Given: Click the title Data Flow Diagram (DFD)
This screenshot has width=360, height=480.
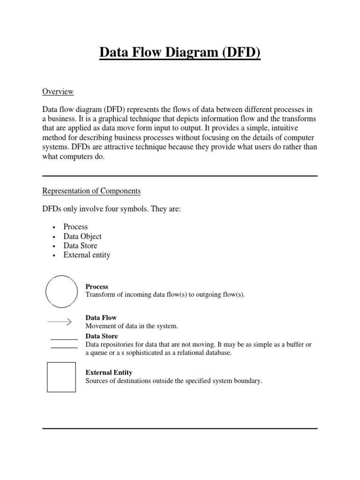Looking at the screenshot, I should [180, 52].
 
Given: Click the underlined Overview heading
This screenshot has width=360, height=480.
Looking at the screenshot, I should [58, 91].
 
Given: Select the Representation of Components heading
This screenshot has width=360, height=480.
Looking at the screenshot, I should [91, 191].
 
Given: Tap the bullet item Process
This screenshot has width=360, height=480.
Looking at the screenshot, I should [75, 227].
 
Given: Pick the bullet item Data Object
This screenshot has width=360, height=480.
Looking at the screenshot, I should [82, 236].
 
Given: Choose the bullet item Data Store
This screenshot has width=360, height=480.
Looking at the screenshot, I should [80, 246].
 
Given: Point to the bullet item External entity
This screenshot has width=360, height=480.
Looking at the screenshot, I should [87, 255].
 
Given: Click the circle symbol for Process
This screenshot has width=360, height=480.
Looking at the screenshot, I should [61, 291].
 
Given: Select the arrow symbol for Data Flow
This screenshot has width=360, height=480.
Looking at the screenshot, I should [59, 322].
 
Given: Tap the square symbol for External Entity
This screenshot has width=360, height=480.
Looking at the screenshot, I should [61, 377].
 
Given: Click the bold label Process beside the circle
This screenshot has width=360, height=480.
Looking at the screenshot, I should [97, 286].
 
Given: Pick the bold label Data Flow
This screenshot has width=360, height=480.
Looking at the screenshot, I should [101, 318].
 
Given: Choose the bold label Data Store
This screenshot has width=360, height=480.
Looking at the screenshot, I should [101, 337].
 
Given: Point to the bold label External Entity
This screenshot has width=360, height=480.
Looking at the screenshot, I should [109, 373].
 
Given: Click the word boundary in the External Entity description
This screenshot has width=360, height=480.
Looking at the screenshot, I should [247, 381].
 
